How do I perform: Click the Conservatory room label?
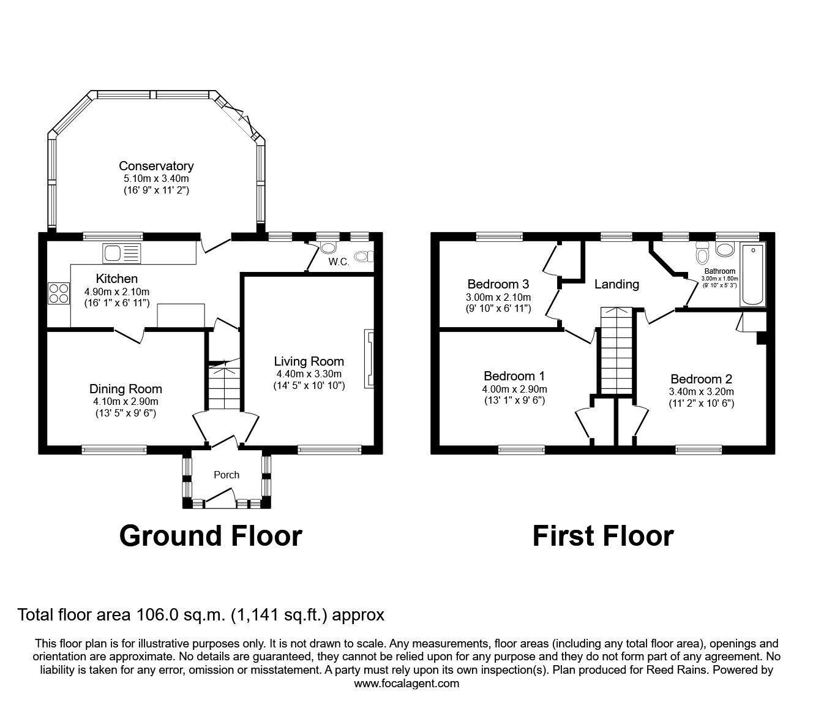coord(156,166)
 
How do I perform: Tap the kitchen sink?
coord(122,253)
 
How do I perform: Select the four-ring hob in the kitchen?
coord(59,293)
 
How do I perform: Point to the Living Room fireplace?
coord(369,358)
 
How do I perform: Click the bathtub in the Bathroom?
coord(753,274)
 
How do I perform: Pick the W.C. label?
coord(339,262)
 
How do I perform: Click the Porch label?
coord(227,475)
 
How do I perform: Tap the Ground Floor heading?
coord(211,536)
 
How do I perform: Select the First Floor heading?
coord(603,536)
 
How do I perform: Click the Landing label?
coord(616,284)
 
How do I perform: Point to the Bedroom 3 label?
coord(498,284)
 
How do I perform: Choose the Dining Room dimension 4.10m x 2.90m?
coord(126,402)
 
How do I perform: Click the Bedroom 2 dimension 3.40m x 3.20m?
coord(702,391)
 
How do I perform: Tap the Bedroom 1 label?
coord(514,376)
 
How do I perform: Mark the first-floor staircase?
coord(616,350)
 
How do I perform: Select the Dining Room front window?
coord(114,450)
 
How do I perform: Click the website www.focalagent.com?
coord(406,684)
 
